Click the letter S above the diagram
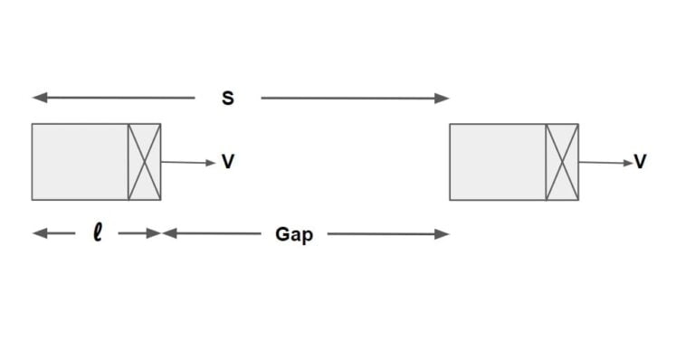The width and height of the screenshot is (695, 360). pyautogui.click(x=228, y=99)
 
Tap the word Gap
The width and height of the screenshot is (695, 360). pyautogui.click(x=294, y=235)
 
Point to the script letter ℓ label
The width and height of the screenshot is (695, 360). pyautogui.click(x=97, y=233)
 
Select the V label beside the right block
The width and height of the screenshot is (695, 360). pyautogui.click(x=640, y=162)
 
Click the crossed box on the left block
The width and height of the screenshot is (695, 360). pyautogui.click(x=145, y=162)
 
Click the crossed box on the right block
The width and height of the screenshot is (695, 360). pyautogui.click(x=562, y=162)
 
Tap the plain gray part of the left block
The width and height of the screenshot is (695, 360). pyautogui.click(x=80, y=162)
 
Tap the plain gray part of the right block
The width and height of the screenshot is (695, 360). pyautogui.click(x=498, y=162)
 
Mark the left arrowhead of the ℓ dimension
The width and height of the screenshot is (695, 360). pyautogui.click(x=37, y=233)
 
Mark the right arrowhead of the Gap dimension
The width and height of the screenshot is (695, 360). pyautogui.click(x=443, y=234)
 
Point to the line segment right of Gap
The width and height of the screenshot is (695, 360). pyautogui.click(x=385, y=234)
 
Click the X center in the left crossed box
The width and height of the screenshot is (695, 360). pyautogui.click(x=145, y=162)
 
